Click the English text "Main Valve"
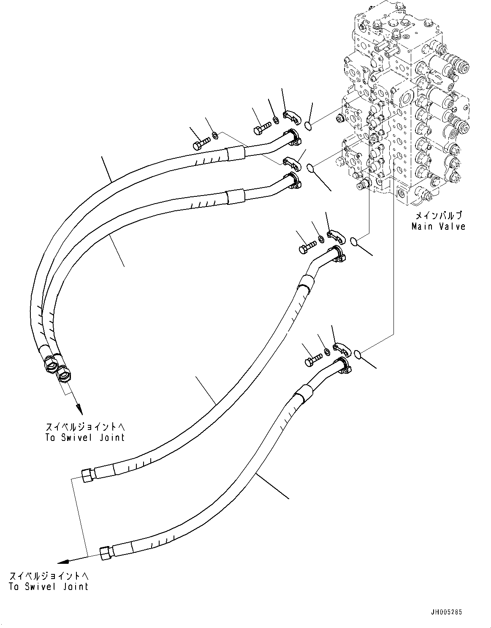point(438,226)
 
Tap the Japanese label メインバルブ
point(438,215)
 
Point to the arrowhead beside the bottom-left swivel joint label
point(63,561)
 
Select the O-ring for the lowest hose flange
point(357,353)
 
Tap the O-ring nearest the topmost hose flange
point(309,125)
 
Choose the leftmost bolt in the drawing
point(201,144)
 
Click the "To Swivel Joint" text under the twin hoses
point(85,437)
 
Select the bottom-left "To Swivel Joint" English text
point(48,586)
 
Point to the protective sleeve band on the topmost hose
point(235,153)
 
